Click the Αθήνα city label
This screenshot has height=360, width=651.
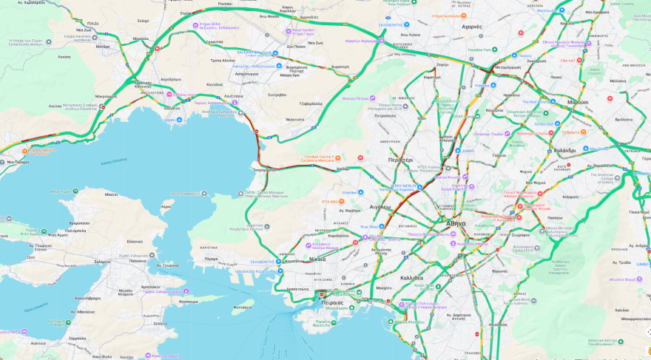pos(456,223)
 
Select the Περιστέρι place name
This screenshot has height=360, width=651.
pos(400,160)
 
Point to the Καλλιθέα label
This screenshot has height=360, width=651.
pos(411,278)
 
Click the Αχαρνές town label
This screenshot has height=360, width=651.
pos(471,27)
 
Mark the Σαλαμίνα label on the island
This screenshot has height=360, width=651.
pos(103,262)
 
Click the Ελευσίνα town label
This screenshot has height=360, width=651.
pos(172,108)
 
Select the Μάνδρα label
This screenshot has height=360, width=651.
pos(103,46)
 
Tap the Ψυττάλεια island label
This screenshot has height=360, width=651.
pos(241,306)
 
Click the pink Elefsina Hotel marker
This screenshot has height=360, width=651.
pos(170,95)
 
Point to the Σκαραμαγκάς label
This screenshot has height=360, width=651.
pos(264,169)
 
